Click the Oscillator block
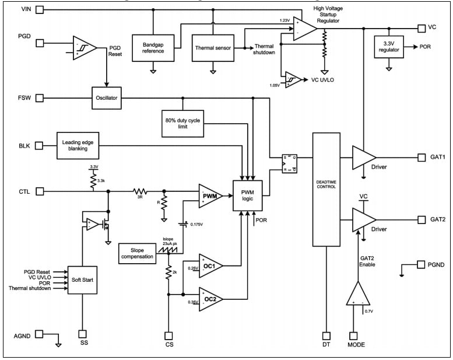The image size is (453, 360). (x=106, y=97)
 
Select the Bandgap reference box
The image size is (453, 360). (x=153, y=47)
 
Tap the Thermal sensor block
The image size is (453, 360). (x=212, y=47)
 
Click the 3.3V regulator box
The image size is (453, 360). (x=388, y=47)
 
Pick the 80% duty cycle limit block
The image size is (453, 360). (x=182, y=123)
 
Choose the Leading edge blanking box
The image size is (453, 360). (x=79, y=145)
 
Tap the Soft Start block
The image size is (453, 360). (x=82, y=280)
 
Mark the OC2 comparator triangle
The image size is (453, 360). (x=209, y=299)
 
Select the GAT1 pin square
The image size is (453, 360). (x=421, y=157)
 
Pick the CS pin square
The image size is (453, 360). (x=168, y=335)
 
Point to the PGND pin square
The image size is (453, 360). (x=421, y=264)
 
